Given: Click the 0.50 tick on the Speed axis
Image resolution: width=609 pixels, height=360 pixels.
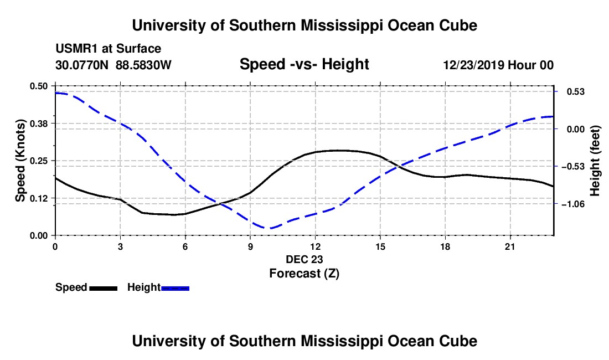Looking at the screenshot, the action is [x=38, y=86].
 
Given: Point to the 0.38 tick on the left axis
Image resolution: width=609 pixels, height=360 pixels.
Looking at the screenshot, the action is [x=38, y=124].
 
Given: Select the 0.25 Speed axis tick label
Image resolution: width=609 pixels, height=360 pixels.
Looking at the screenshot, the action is [x=38, y=161].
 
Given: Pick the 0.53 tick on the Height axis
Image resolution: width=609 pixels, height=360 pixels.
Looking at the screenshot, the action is [x=576, y=91].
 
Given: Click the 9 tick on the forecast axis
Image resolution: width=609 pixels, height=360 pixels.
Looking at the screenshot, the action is [x=250, y=246].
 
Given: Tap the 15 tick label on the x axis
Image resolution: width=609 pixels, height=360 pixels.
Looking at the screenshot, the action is [x=380, y=246].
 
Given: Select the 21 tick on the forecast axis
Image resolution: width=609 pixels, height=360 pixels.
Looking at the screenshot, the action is [x=510, y=246].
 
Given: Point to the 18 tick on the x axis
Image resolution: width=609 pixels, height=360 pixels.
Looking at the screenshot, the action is [x=445, y=246].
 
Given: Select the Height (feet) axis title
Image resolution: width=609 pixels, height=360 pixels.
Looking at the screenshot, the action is [x=595, y=161].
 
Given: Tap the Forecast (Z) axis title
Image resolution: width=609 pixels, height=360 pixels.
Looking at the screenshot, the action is [x=304, y=274].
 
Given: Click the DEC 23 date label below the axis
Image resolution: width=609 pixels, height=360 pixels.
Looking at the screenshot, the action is [x=304, y=259].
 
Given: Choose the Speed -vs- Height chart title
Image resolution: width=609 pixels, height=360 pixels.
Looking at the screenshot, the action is [x=304, y=64].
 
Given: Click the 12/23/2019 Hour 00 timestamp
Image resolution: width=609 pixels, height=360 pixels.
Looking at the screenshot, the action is [x=498, y=65].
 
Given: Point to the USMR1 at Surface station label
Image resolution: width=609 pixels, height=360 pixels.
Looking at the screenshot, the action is [x=109, y=49].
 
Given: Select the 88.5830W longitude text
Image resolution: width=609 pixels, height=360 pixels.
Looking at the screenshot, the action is [x=143, y=65].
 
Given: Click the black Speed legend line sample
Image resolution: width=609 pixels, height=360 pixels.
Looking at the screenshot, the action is [x=104, y=288].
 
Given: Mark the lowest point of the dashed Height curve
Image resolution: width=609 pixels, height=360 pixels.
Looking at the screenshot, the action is [x=269, y=228].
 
